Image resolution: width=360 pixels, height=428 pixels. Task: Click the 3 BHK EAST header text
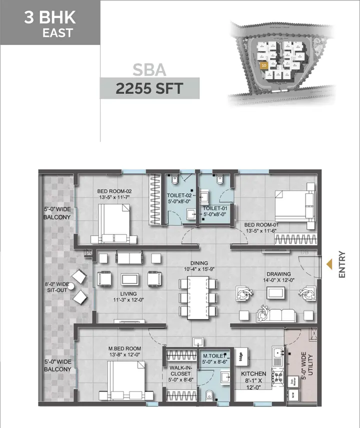pos(50,25)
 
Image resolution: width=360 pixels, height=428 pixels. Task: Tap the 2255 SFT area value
pos(149,89)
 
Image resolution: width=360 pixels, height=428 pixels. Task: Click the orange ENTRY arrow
pos(329,264)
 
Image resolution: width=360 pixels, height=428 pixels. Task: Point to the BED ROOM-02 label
pos(114,194)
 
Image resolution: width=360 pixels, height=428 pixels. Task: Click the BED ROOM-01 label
pos(261,228)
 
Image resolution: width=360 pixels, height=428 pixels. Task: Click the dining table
pos(199,297)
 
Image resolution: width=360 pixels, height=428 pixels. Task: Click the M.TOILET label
pos(214,357)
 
